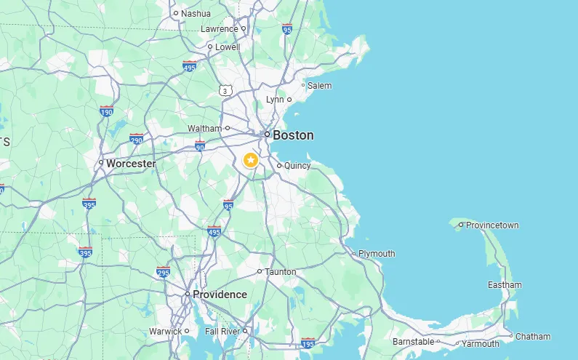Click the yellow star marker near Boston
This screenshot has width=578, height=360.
251,160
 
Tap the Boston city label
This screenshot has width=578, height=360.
293,135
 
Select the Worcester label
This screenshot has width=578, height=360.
131,164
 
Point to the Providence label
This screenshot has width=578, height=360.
219,295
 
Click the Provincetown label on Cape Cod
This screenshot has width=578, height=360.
492,225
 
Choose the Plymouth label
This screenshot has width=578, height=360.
377,254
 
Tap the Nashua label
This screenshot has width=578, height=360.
196,13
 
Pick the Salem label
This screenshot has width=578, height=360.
319,86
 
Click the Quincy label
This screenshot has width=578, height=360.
297,166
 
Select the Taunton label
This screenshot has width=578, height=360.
281,272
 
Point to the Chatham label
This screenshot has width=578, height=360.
533,337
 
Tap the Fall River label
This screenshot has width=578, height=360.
222,332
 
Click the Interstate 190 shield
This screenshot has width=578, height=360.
107,111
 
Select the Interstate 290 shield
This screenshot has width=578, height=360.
136,139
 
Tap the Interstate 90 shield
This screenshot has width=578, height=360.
200,146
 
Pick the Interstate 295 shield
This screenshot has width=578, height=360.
163,273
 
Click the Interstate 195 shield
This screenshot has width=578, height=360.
308,343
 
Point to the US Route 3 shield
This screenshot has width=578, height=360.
226,90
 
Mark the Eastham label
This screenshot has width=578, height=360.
504,285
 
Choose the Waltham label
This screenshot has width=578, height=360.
204,129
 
